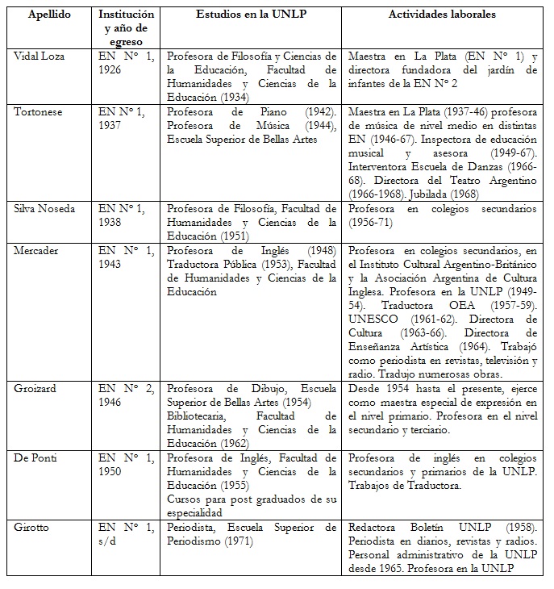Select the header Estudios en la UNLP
[250, 15]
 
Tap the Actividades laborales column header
[442, 15]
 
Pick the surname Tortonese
[40, 111]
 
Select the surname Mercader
[36, 249]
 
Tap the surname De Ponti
[36, 457]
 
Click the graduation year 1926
[111, 70]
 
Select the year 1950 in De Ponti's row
[111, 471]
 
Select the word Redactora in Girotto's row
[375, 527]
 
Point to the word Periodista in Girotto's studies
[194, 527]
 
